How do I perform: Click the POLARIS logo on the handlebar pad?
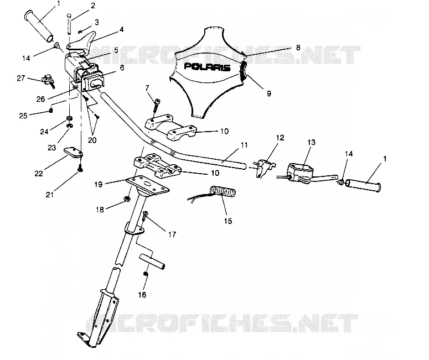click(207, 67)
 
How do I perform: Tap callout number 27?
click(21, 78)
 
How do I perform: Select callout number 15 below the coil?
click(228, 221)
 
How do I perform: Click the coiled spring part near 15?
click(223, 191)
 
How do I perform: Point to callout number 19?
click(98, 185)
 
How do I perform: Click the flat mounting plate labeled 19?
click(147, 185)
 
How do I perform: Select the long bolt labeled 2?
click(69, 24)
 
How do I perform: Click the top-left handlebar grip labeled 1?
click(39, 26)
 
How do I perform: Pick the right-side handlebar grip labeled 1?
click(363, 185)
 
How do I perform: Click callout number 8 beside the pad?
click(298, 48)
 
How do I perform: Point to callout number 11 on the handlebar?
click(244, 145)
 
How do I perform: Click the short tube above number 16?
click(152, 262)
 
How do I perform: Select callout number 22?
click(39, 173)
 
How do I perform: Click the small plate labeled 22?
click(73, 153)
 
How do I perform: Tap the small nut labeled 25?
click(50, 111)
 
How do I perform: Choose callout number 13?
click(311, 142)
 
